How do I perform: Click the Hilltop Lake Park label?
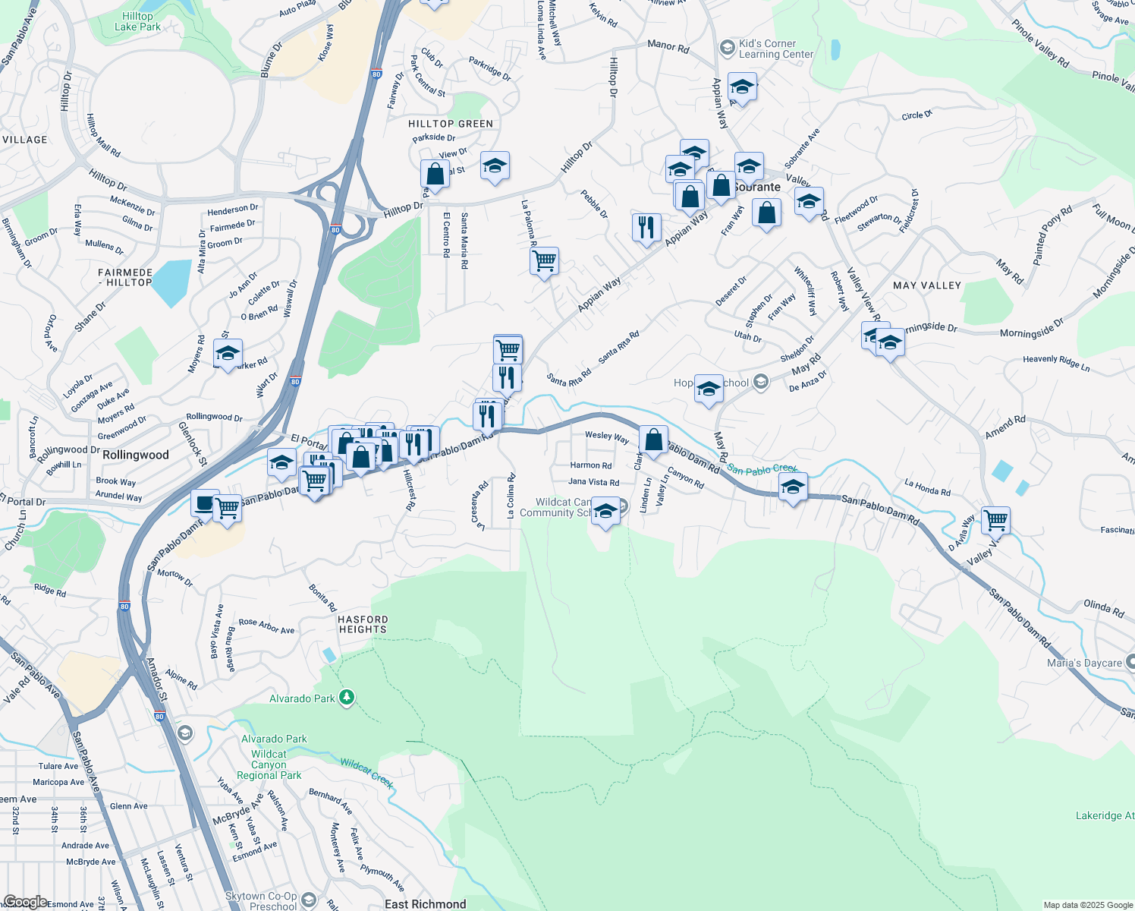click(137, 21)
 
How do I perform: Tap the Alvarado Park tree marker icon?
click(347, 698)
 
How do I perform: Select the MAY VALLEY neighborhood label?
click(927, 285)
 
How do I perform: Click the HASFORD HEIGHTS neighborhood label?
click(363, 625)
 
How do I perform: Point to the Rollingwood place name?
click(136, 455)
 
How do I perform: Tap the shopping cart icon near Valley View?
click(995, 522)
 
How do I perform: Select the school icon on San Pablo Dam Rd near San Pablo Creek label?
click(793, 487)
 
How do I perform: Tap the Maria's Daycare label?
click(1084, 663)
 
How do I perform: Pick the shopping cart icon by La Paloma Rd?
click(545, 261)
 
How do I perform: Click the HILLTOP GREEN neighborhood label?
click(451, 124)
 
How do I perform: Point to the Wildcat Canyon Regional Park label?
click(269, 764)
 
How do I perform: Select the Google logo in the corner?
click(24, 902)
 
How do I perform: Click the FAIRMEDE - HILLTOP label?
click(125, 277)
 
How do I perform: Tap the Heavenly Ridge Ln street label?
click(1056, 363)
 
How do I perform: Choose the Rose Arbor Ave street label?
click(266, 626)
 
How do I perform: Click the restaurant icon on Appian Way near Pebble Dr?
click(646, 227)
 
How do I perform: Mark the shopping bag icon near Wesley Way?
click(653, 440)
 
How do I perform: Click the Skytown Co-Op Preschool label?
click(263, 901)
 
